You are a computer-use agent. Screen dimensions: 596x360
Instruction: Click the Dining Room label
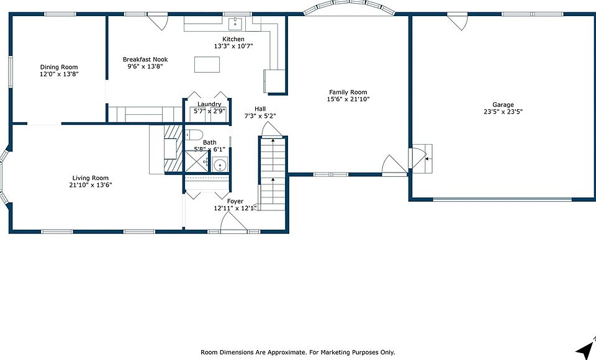59,67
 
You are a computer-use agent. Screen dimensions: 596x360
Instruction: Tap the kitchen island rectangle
207,65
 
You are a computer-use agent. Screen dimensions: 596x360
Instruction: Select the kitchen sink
235,23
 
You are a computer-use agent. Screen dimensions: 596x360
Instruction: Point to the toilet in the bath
194,135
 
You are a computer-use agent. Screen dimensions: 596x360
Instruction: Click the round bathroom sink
220,165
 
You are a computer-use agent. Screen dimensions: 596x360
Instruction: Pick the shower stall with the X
196,161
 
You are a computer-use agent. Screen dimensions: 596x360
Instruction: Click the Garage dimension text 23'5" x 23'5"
503,112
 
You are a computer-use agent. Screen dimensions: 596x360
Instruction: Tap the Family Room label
348,92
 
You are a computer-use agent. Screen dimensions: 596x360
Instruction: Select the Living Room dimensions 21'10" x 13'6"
91,185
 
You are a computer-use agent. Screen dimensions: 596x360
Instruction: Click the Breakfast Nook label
145,60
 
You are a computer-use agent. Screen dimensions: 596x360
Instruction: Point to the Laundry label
209,104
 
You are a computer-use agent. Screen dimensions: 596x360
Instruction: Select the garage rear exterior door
458,21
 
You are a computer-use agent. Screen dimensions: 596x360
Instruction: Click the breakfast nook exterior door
158,22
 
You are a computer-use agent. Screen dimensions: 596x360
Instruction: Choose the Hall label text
260,109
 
